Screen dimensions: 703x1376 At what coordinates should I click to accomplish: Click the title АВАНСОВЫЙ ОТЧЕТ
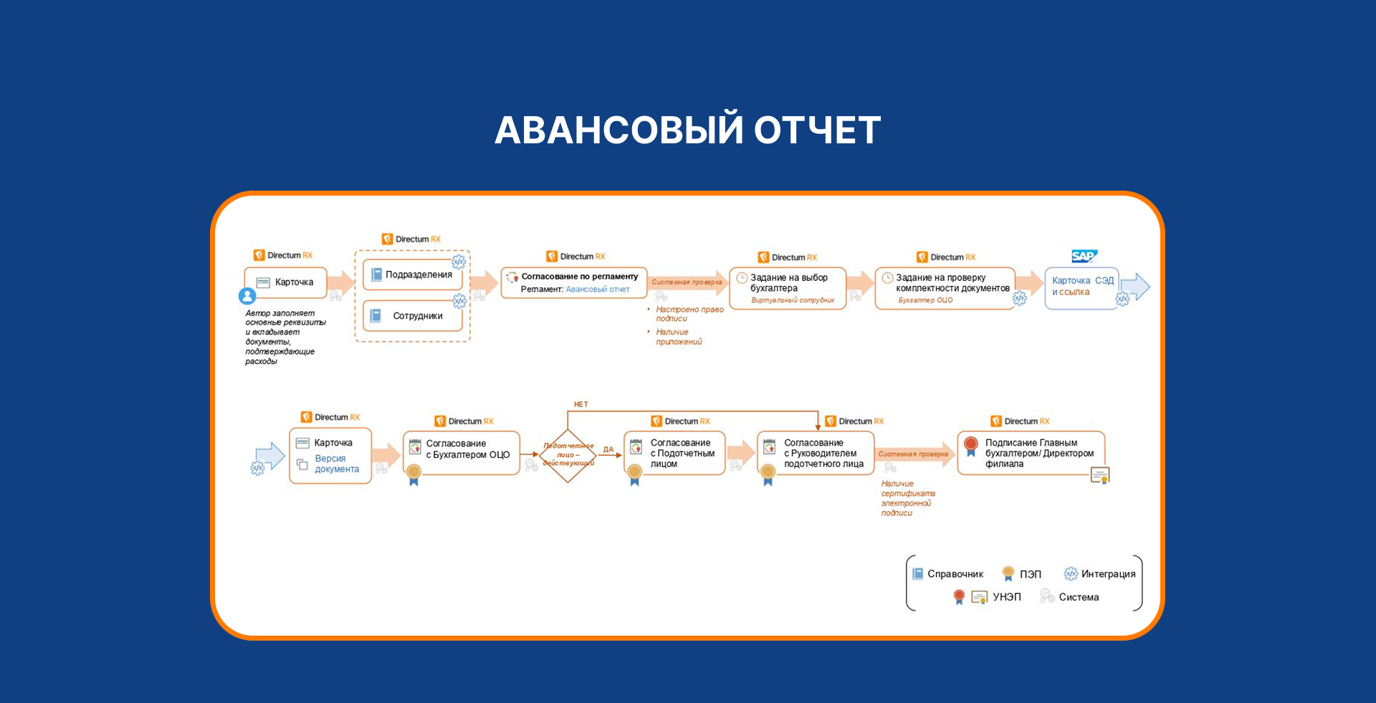click(687, 130)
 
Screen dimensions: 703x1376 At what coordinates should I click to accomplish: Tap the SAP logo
click(1084, 256)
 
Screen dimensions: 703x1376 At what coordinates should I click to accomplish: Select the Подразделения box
click(412, 274)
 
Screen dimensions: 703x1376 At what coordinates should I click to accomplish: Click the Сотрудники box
click(412, 316)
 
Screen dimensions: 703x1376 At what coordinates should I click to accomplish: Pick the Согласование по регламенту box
click(573, 282)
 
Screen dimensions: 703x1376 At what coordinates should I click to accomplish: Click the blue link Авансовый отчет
click(598, 290)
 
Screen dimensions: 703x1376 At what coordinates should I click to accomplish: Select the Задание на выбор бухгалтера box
click(787, 287)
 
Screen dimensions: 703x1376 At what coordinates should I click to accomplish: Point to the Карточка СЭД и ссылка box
click(1081, 287)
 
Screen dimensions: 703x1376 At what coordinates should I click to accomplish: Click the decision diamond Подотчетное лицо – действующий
click(568, 455)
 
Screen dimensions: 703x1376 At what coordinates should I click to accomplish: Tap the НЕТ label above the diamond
click(580, 404)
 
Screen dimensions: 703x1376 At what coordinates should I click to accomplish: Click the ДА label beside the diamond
click(608, 449)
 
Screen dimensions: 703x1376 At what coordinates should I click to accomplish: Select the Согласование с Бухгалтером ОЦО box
click(462, 452)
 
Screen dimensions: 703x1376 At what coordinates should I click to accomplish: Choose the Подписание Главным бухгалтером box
click(1031, 453)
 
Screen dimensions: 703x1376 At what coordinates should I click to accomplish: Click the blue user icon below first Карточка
click(247, 296)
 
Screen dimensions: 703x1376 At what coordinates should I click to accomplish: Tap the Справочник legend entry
click(947, 574)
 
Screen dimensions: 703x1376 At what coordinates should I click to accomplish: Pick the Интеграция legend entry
click(1100, 574)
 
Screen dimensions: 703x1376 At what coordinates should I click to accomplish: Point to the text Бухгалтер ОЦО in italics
click(925, 300)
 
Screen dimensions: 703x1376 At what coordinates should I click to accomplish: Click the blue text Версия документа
click(337, 464)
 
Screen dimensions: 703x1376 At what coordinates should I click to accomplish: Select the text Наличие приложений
click(678, 337)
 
